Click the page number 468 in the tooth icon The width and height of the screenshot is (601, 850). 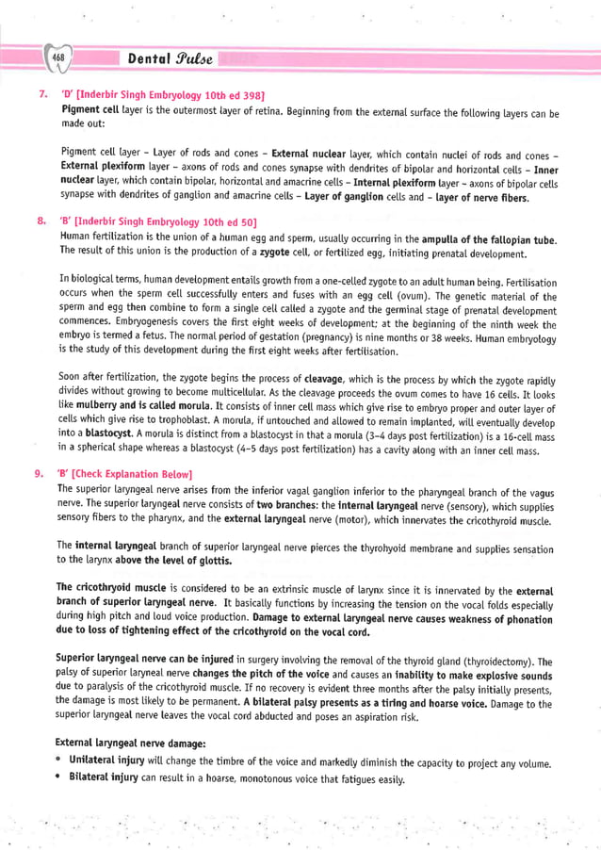56,59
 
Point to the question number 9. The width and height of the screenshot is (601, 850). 42,473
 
